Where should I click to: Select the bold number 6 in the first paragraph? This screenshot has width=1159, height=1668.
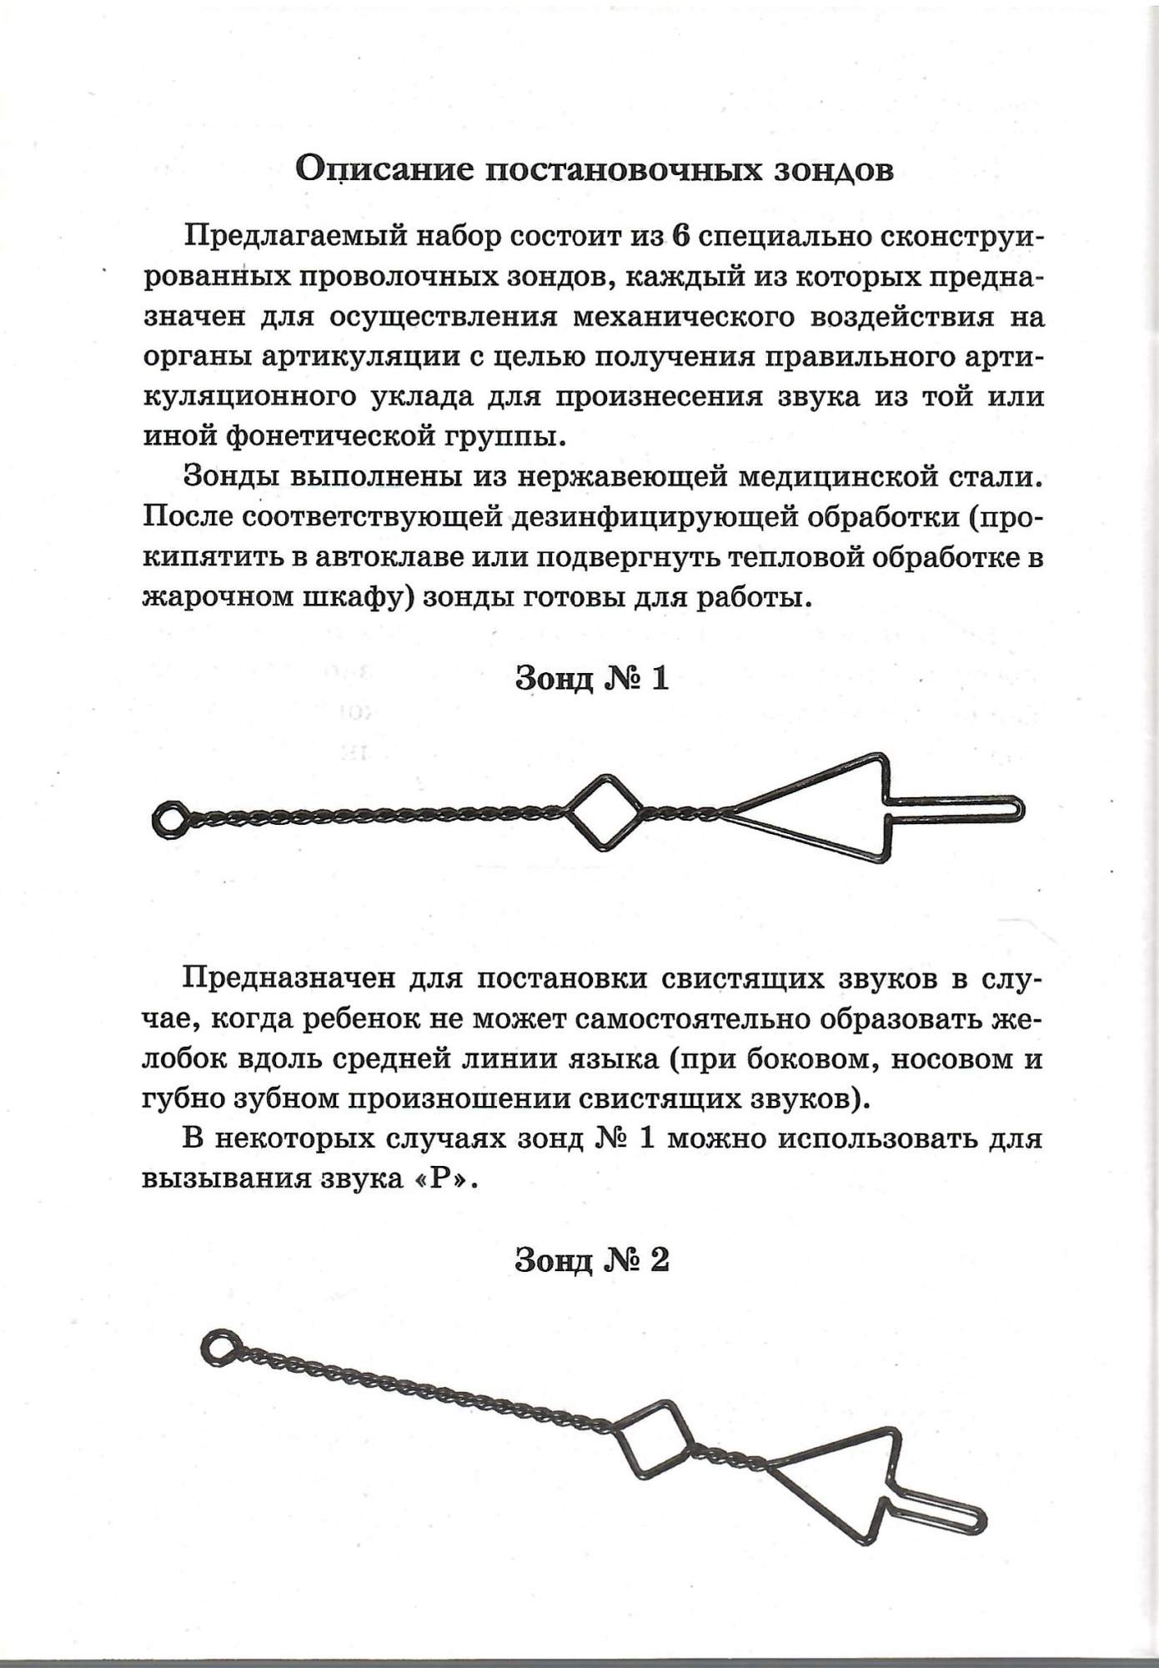click(x=680, y=236)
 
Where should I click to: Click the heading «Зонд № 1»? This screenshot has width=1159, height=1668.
click(x=592, y=679)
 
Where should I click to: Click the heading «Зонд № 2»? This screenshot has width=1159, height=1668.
click(x=592, y=1260)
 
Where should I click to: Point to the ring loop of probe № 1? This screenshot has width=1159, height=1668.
click(x=169, y=820)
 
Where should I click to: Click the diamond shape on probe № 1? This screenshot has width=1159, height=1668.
click(x=605, y=812)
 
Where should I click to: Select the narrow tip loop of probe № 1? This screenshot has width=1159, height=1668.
click(x=959, y=810)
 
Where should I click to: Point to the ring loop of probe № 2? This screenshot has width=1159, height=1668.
click(x=218, y=1349)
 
